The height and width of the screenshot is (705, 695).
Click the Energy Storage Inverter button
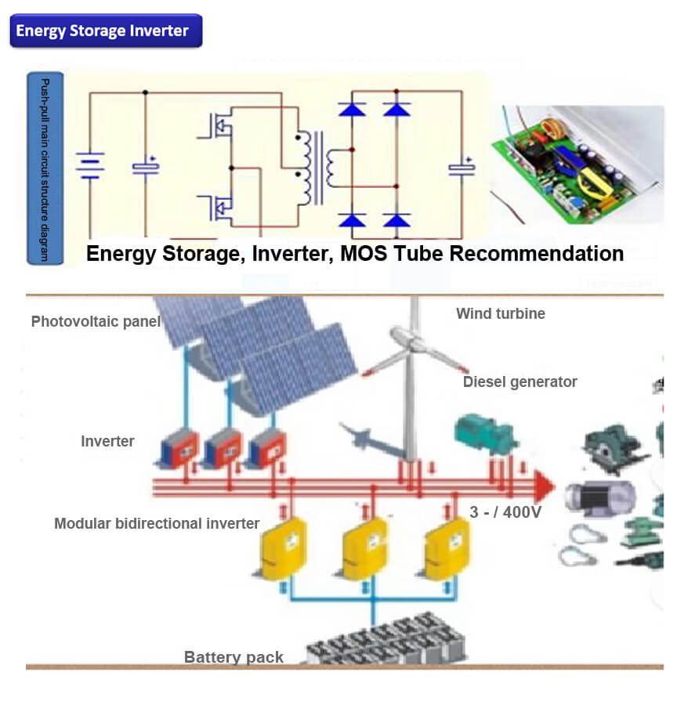coord(105,31)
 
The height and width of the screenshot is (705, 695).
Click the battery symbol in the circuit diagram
coord(89,165)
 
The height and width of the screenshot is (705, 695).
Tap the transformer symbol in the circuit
coord(313,167)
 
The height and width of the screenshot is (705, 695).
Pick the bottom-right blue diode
coord(396,220)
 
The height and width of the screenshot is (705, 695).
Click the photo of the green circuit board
coord(576,164)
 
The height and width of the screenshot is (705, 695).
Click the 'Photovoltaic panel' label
coord(96,321)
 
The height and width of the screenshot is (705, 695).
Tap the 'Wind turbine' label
coord(501,313)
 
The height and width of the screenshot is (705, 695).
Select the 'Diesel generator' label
coord(519,381)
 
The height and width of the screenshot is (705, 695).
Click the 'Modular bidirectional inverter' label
coord(157,522)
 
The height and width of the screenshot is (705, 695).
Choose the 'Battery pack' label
coord(233,656)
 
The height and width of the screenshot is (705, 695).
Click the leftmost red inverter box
coord(179,451)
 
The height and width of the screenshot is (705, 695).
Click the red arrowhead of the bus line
coord(544,486)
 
